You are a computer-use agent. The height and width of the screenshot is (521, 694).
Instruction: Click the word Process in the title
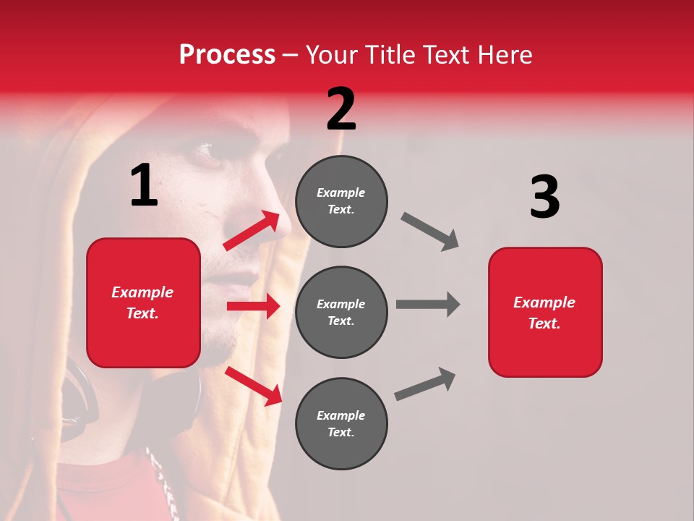point(227,54)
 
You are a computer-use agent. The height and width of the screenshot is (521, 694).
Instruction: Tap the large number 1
point(144,186)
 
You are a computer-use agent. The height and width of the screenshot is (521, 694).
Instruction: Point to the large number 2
point(341,109)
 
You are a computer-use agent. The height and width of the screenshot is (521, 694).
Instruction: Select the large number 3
point(544,197)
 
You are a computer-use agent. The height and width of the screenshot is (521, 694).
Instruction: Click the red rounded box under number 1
point(143,302)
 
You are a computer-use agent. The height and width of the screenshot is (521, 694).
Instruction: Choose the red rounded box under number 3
point(545,312)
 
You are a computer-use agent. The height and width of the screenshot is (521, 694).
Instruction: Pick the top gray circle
point(341,201)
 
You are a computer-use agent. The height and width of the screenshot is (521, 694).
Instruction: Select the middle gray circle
point(341,312)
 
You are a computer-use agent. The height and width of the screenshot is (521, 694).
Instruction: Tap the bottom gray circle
point(341,423)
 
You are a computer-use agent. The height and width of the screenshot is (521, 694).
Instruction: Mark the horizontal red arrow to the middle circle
point(253,306)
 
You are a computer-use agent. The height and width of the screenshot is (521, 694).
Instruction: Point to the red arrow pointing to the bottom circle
point(254,386)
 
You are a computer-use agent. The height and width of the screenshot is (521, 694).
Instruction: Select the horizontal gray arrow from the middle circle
point(428,304)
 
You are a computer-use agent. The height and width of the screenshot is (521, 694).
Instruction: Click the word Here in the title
point(505,54)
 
